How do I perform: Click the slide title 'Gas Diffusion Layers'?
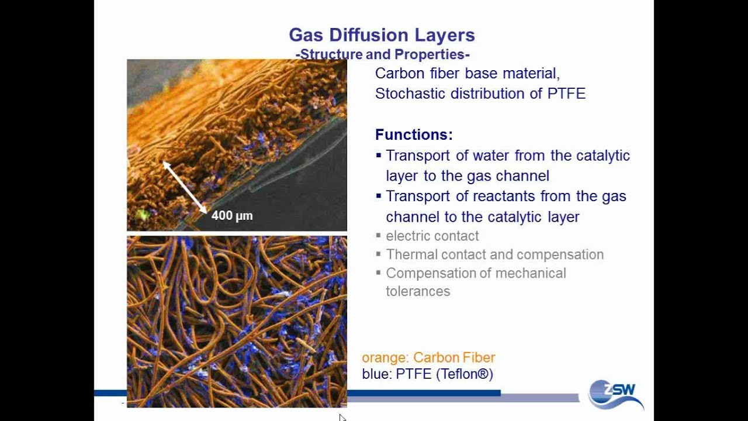pyautogui.click(x=382, y=35)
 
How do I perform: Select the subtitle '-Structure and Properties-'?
pyautogui.click(x=383, y=54)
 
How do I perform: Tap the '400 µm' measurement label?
pyautogui.click(x=232, y=216)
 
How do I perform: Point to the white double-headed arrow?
pyautogui.click(x=184, y=187)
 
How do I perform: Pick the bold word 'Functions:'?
pyautogui.click(x=414, y=135)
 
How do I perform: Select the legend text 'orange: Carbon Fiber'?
pyautogui.click(x=428, y=358)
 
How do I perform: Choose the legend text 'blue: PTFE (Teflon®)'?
pyautogui.click(x=427, y=374)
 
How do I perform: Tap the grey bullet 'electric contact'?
pyautogui.click(x=432, y=236)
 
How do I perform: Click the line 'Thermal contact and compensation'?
pyautogui.click(x=494, y=255)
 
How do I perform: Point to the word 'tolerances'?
pyautogui.click(x=418, y=291)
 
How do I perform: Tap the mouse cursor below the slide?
pyautogui.click(x=342, y=417)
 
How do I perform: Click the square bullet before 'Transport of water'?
pyautogui.click(x=379, y=156)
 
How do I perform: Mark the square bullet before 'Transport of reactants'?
pyautogui.click(x=379, y=196)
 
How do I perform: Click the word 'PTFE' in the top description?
pyautogui.click(x=566, y=94)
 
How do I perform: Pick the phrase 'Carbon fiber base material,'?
pyautogui.click(x=467, y=74)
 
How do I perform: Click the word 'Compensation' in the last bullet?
pyautogui.click(x=424, y=274)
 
